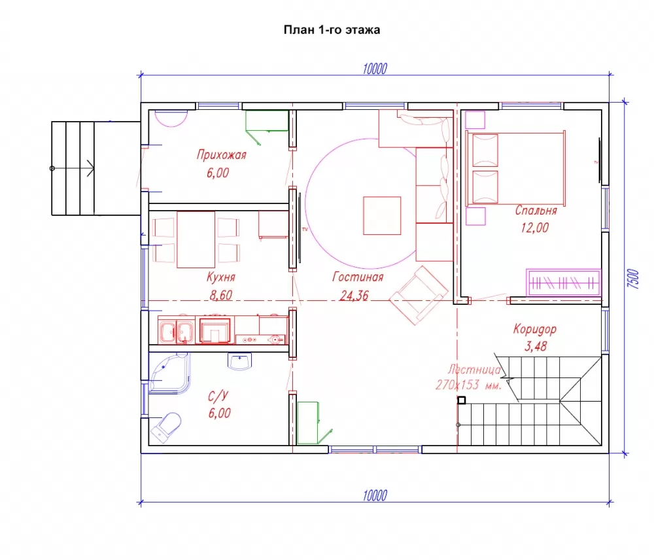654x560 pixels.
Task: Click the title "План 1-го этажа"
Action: (332, 30)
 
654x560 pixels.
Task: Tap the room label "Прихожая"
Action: (222, 155)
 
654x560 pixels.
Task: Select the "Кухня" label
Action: (220, 277)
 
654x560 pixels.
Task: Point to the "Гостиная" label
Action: (358, 277)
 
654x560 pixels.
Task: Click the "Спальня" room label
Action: (536, 210)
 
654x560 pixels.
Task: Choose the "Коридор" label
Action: (535, 329)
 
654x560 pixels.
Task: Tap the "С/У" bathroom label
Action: (218, 396)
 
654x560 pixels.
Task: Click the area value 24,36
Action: (354, 296)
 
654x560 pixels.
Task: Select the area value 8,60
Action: (220, 295)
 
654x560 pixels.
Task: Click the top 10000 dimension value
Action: (375, 69)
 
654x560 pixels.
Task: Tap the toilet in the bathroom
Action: (166, 427)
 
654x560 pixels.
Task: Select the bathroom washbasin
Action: (240, 361)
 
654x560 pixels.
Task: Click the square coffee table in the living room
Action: (382, 216)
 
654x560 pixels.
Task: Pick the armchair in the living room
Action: (419, 295)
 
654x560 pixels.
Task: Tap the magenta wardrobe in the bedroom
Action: (563, 283)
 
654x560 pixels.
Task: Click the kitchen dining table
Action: (196, 239)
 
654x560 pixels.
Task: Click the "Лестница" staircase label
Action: (473, 370)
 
